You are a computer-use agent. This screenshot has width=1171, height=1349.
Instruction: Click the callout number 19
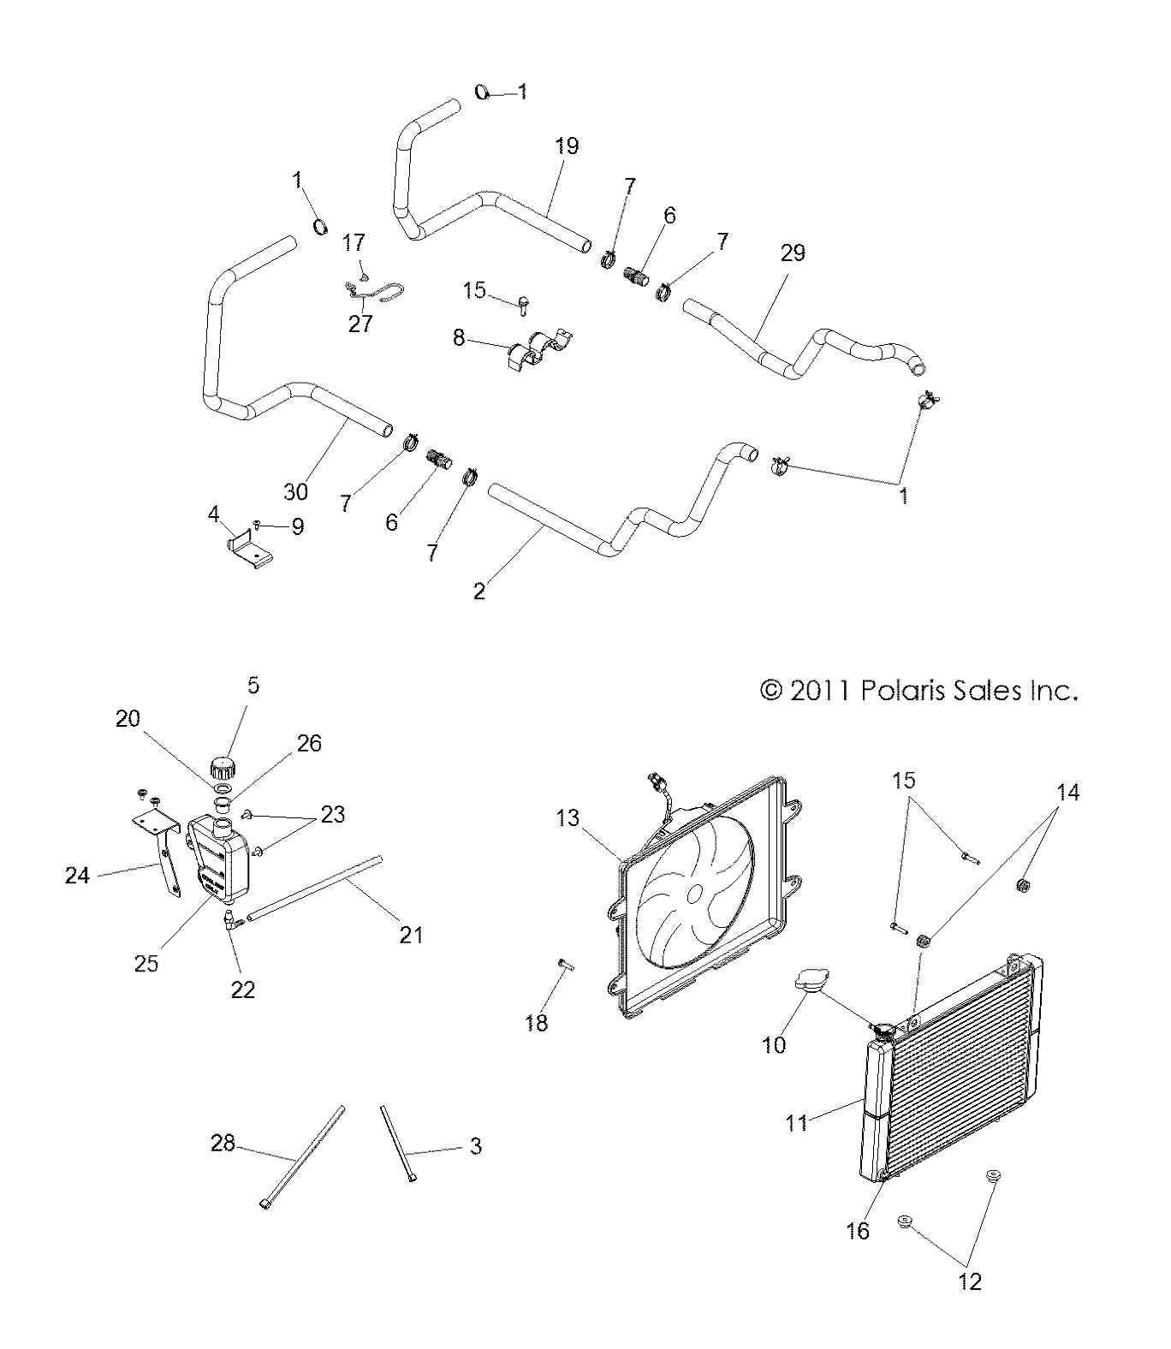567,146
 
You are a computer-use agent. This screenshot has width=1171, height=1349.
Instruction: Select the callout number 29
793,253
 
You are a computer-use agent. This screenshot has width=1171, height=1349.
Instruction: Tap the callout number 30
295,491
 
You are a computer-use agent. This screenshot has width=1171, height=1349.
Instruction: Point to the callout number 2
479,591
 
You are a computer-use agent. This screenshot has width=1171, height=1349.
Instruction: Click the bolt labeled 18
566,965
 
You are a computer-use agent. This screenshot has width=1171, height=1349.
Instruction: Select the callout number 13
568,819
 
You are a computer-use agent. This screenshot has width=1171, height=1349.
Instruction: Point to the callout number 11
797,1121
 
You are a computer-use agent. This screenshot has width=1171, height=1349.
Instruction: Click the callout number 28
223,1143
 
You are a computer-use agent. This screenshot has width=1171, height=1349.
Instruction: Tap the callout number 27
361,324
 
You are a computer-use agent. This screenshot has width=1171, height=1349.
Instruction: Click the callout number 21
412,935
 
